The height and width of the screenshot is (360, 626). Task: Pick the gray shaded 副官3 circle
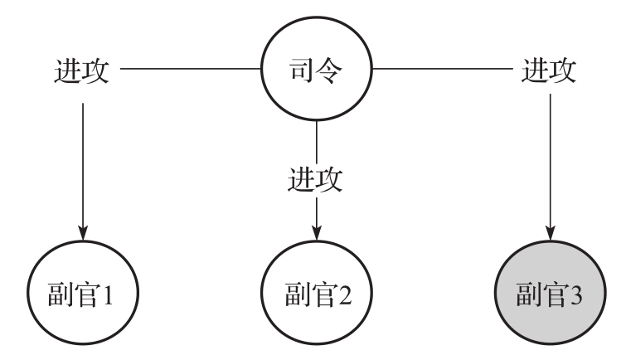[x=551, y=293]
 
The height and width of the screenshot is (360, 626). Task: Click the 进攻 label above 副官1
[x=82, y=71]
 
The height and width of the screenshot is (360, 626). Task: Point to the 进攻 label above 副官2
[x=315, y=179]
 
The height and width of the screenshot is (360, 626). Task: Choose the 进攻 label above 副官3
[x=550, y=71]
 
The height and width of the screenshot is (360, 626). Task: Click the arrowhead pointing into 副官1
[x=83, y=233]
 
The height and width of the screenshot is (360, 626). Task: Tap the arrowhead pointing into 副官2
[x=317, y=233]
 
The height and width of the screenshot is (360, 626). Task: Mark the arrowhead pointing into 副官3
[x=551, y=233]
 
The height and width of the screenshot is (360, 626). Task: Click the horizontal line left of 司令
[x=191, y=68]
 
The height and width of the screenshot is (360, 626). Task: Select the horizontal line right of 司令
[x=443, y=68]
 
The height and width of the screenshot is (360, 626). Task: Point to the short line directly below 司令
[x=317, y=142]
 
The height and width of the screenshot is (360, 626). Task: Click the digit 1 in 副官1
[x=107, y=294]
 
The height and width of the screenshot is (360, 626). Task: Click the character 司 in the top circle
[x=302, y=71]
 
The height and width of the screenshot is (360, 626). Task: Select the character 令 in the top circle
[x=329, y=71]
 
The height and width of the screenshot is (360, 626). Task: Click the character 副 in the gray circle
[x=529, y=294]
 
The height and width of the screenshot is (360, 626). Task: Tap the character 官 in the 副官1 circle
[x=86, y=294]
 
